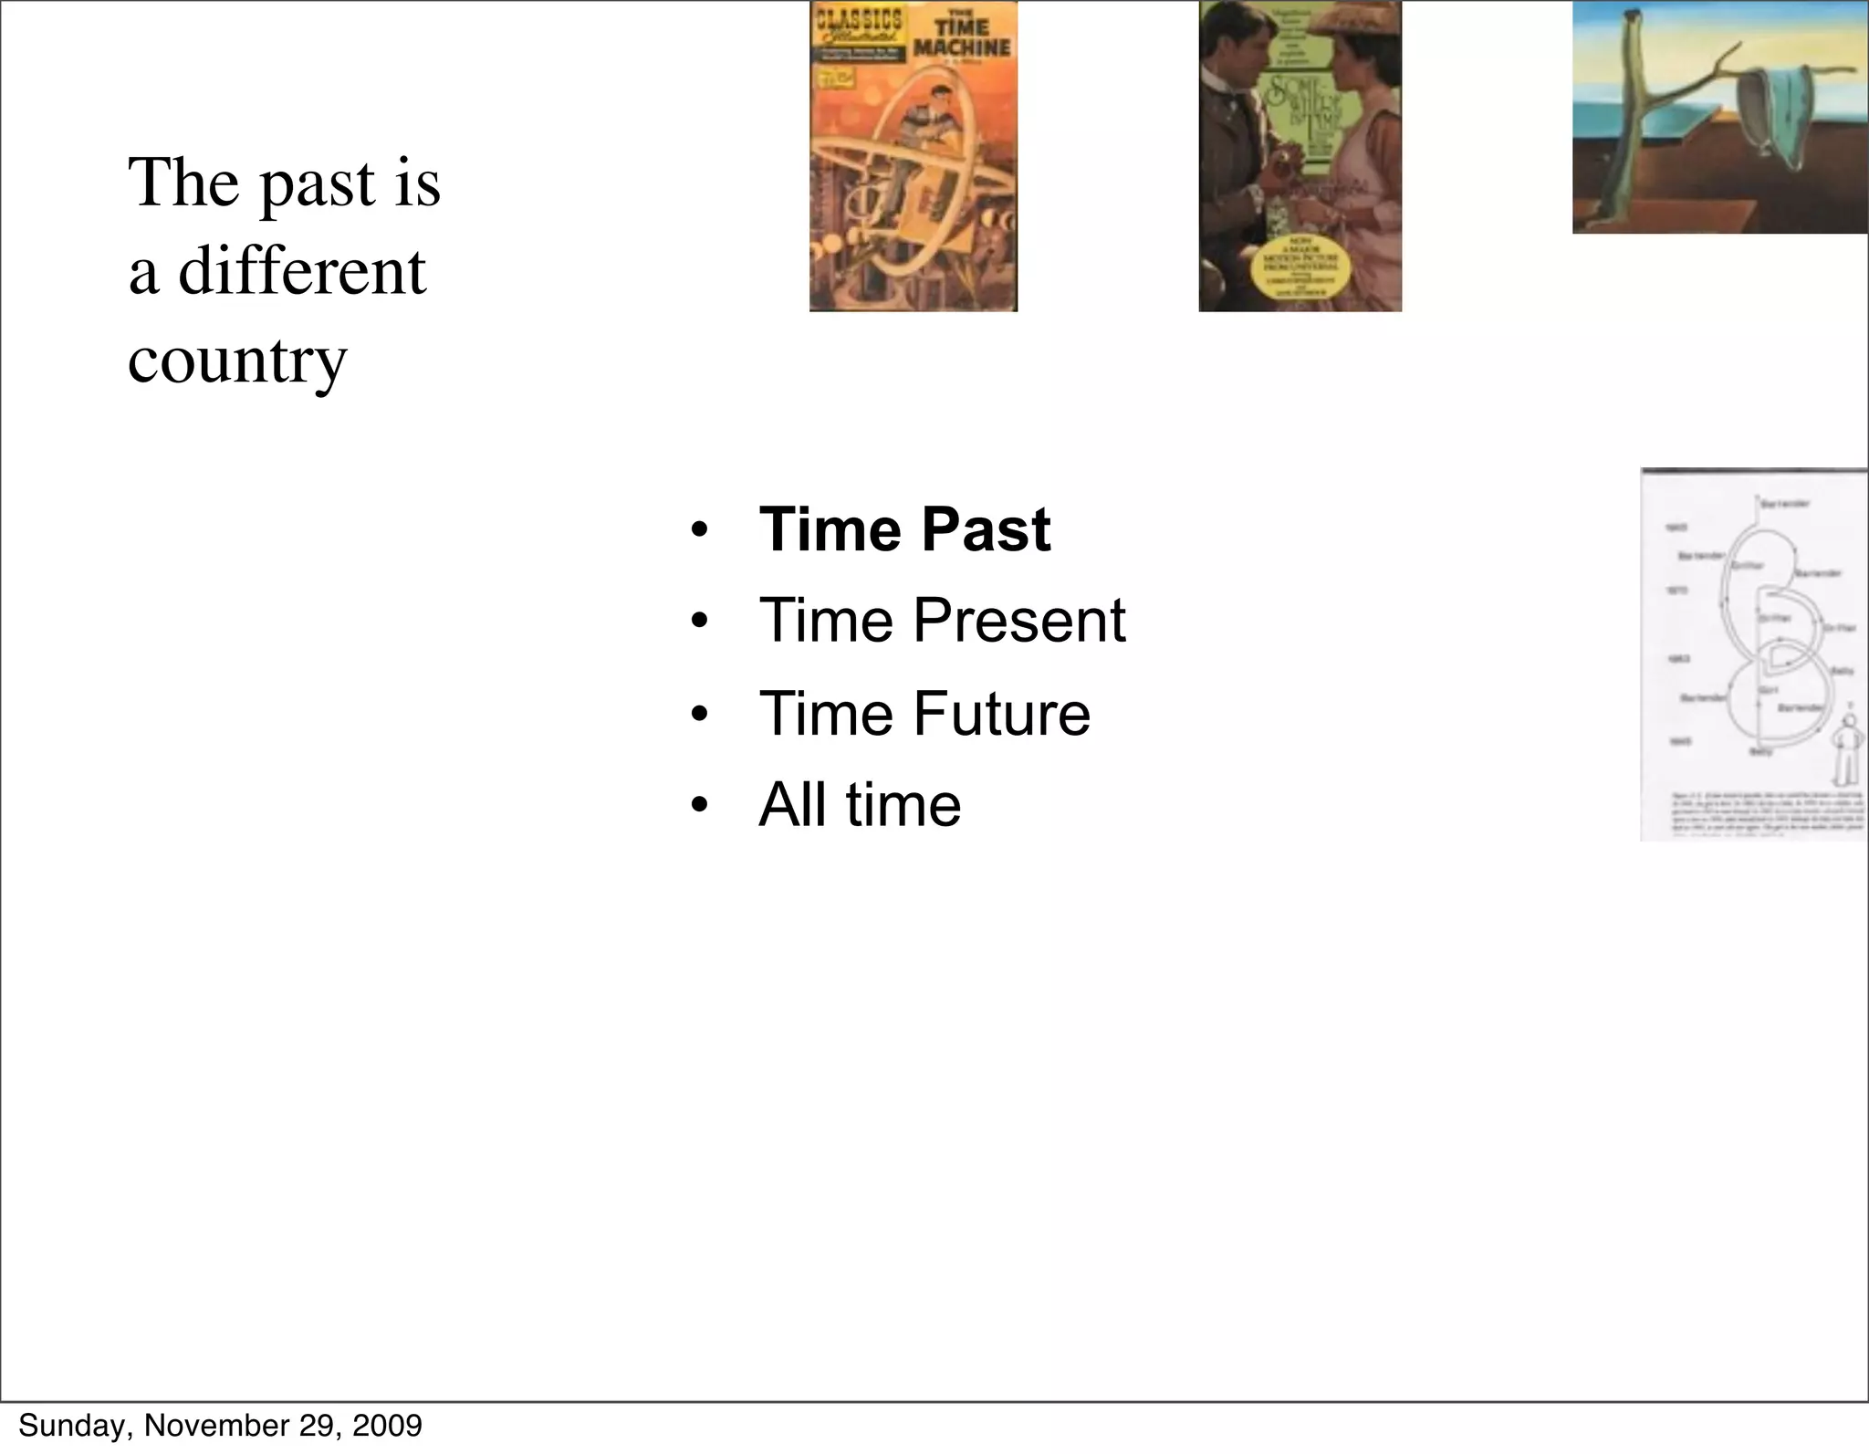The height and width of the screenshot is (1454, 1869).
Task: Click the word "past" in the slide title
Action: [x=318, y=185]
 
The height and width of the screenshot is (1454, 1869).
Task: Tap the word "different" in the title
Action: [x=301, y=272]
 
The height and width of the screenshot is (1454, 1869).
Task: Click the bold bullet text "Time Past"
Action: [x=904, y=529]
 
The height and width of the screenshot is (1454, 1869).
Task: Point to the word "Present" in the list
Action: [x=1019, y=621]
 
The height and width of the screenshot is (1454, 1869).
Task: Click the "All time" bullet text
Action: [x=860, y=805]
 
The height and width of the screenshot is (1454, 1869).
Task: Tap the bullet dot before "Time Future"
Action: [x=699, y=715]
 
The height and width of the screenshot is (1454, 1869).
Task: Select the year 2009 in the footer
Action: [x=391, y=1425]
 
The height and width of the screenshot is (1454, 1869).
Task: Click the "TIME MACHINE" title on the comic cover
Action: [x=962, y=39]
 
